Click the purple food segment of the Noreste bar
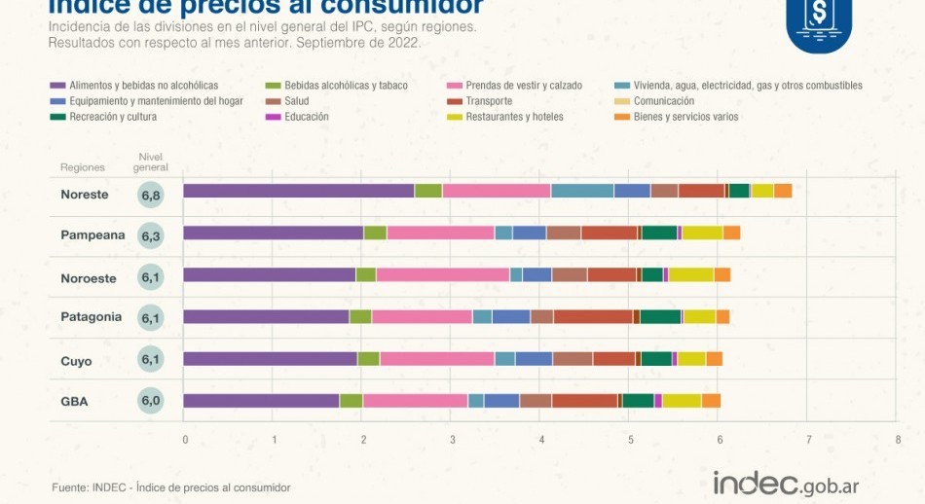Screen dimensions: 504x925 click(x=298, y=191)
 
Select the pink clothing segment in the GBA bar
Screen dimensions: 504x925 click(x=416, y=401)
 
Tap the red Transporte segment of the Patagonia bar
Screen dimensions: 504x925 click(x=593, y=316)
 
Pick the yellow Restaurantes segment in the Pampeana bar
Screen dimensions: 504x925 click(x=702, y=233)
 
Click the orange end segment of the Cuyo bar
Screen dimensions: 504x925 click(x=715, y=359)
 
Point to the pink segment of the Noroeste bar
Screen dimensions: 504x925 click(x=443, y=274)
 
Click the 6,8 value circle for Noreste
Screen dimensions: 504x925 click(x=151, y=195)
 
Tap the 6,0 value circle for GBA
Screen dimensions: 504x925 click(x=151, y=401)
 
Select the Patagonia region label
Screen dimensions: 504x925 click(x=91, y=316)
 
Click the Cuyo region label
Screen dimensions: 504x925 click(x=76, y=361)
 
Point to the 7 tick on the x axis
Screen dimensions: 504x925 click(x=808, y=440)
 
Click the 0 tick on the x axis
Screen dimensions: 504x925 click(x=184, y=440)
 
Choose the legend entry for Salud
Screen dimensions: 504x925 click(x=296, y=101)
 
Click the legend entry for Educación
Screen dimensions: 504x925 click(x=306, y=117)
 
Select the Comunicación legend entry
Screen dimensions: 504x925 click(x=663, y=101)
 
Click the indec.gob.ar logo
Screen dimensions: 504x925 click(x=786, y=483)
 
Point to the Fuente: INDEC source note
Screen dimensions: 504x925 click(x=170, y=487)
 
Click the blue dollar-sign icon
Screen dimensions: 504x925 click(x=818, y=21)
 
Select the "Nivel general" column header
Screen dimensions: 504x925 click(x=151, y=162)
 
